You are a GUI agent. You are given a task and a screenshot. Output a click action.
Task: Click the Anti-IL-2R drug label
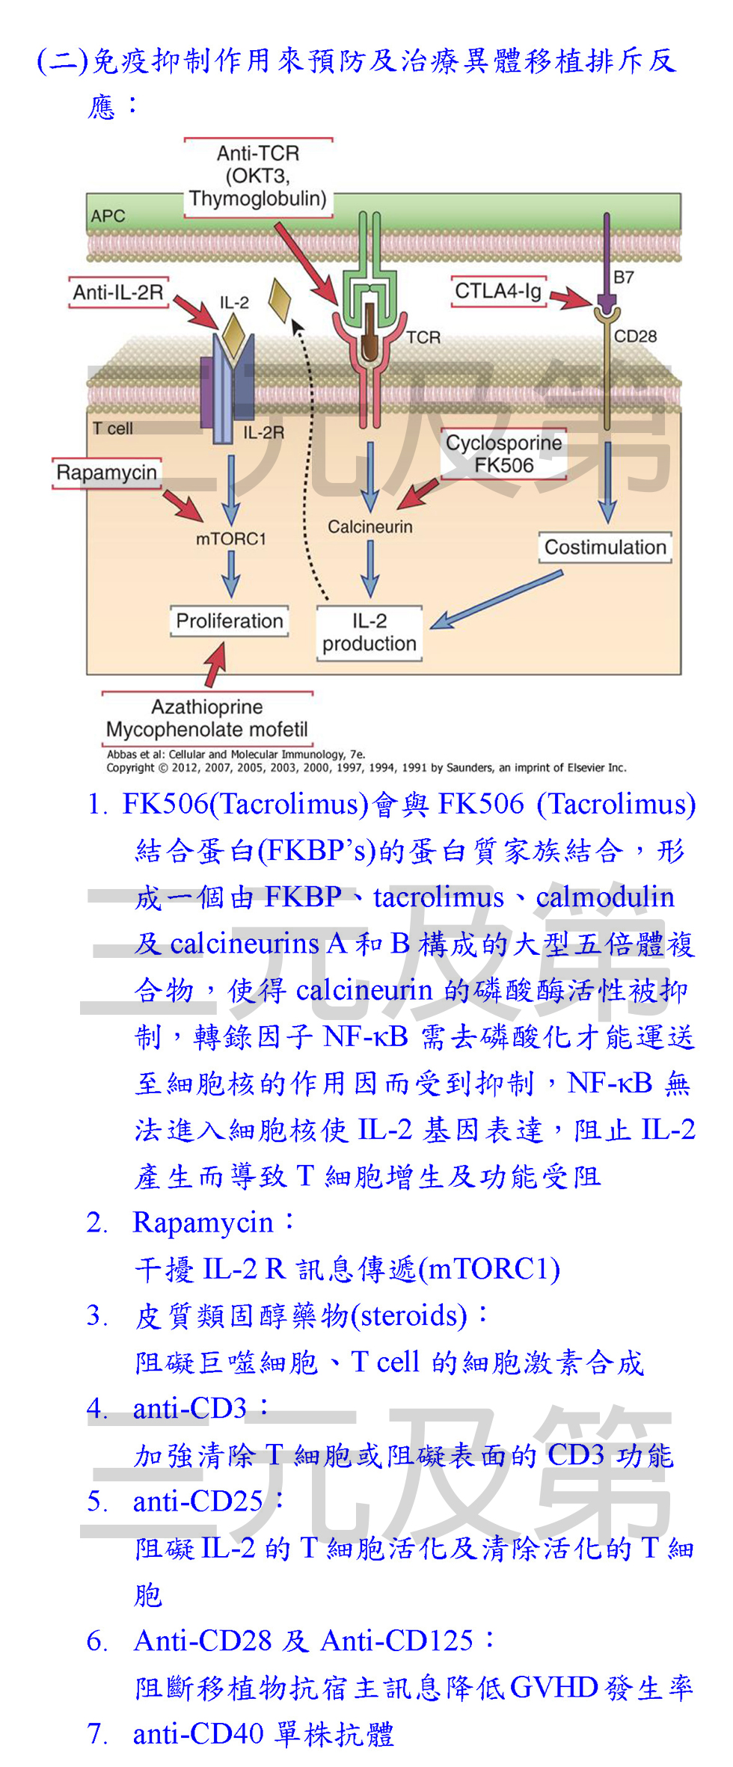[x=117, y=292]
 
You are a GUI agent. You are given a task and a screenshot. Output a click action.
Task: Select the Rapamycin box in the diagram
[x=106, y=473]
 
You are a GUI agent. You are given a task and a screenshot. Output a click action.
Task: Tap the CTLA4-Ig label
[x=497, y=291]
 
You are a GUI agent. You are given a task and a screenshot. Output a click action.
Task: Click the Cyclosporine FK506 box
[x=503, y=454]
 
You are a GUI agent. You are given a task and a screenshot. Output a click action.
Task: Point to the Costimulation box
[x=604, y=547]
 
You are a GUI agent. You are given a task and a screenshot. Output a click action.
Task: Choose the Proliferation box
[x=229, y=621]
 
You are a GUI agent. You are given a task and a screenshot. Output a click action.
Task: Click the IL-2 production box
[x=369, y=633]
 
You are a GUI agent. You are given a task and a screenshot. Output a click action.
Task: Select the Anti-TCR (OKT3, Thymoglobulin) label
[x=258, y=176]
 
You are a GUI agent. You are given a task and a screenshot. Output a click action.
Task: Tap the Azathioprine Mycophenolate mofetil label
[x=206, y=719]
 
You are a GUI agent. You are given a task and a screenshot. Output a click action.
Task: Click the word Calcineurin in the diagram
[x=369, y=526]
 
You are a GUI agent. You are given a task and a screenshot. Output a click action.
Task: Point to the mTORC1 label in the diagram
[x=230, y=538]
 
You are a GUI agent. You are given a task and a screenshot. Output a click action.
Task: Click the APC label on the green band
[x=108, y=216]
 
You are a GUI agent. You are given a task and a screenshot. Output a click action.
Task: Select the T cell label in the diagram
[x=112, y=428]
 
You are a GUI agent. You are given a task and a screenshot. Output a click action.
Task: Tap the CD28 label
[x=635, y=337]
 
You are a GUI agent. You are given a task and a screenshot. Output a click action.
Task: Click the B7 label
[x=624, y=277]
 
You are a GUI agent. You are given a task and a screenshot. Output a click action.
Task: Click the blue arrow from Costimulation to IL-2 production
[x=497, y=599]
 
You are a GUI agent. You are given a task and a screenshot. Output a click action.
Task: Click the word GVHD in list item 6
[x=554, y=1688]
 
